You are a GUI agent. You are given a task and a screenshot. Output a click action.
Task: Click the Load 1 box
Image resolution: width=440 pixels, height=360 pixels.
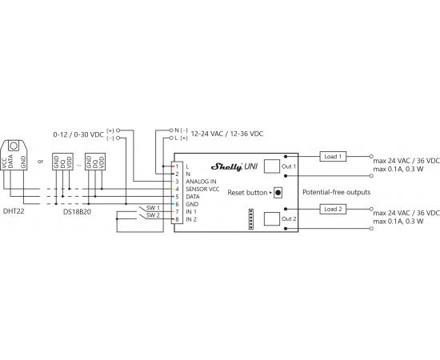[333, 157]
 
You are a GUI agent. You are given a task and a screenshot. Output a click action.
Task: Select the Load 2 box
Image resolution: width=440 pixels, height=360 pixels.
[333, 209]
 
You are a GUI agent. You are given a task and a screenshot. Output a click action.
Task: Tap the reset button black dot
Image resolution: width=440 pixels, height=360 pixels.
[278, 193]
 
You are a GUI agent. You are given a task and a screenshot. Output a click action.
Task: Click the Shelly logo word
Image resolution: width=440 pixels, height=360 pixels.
[226, 166]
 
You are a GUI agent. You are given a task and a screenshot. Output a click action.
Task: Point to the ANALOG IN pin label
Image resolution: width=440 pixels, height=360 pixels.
[201, 182]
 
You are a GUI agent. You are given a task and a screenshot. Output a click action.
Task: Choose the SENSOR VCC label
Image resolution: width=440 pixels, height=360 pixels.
[202, 189]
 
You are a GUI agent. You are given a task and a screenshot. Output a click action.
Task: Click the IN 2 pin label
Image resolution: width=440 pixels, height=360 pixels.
[191, 219]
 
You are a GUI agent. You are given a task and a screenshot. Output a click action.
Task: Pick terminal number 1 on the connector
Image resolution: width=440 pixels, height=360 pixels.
[177, 166]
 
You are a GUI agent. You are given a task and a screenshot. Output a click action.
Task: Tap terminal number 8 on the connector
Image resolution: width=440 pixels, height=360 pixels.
[177, 219]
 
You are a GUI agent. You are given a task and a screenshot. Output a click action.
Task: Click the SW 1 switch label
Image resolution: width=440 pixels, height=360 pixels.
[153, 208]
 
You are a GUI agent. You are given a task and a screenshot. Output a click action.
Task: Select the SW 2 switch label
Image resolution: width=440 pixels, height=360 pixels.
[153, 215]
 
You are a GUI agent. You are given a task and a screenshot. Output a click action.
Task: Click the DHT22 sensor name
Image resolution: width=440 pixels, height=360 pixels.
[14, 211]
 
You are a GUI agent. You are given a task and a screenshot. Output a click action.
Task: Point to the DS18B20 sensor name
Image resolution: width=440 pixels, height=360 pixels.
[77, 212]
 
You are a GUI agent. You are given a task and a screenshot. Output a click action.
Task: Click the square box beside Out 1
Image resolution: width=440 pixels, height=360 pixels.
[272, 166]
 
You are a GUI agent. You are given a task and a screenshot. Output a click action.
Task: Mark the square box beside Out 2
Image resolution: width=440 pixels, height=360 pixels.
[272, 218]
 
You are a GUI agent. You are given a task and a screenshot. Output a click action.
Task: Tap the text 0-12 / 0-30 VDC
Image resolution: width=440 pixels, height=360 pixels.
[78, 134]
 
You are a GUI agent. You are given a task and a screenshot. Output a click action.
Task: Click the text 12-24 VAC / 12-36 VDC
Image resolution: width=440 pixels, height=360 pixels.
[227, 134]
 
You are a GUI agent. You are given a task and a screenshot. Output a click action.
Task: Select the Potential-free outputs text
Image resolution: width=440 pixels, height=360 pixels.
[337, 192]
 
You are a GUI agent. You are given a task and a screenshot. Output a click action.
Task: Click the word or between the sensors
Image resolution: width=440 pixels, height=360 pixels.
[41, 162]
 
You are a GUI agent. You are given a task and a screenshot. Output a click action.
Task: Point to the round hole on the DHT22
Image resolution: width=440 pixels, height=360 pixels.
[14, 146]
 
